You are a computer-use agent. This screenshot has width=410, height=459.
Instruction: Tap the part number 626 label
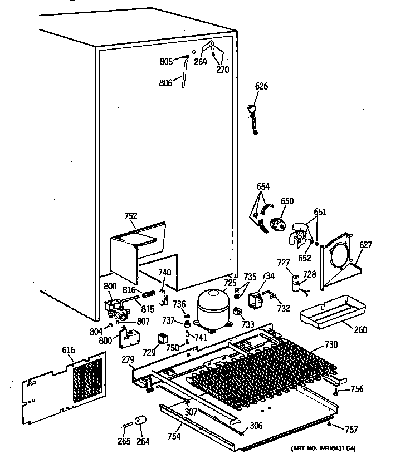click(261, 86)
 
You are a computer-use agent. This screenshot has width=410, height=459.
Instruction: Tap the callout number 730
click(331, 344)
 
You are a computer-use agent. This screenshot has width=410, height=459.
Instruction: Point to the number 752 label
click(130, 216)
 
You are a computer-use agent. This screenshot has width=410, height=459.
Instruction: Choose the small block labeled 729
click(163, 338)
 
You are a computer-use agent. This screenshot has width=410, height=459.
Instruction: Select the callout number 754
click(174, 436)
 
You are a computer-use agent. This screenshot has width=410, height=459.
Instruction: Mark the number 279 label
click(129, 360)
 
